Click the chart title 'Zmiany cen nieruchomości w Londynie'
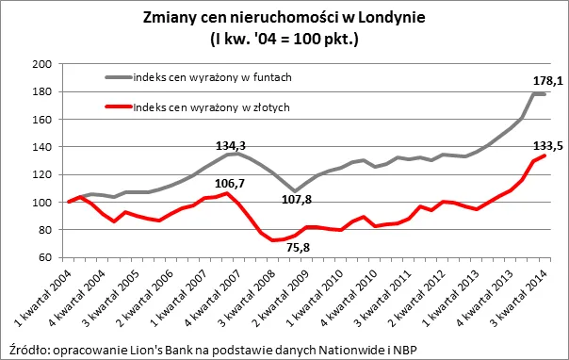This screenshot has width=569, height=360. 285,18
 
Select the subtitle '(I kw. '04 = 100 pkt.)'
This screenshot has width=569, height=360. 285,39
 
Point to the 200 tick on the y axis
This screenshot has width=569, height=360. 41,64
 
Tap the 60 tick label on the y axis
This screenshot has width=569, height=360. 44,258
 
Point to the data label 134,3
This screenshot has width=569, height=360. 229,146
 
